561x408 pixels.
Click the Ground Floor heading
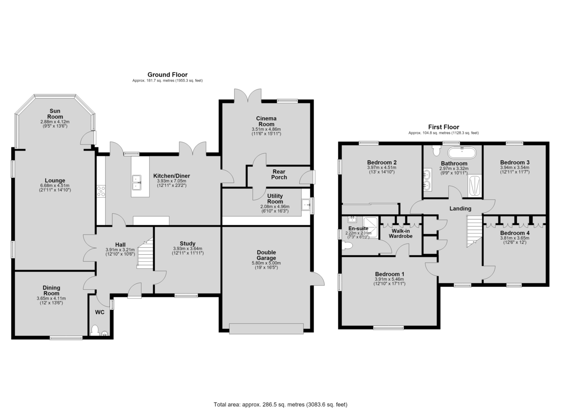pos(167,75)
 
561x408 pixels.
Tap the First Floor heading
pos(444,127)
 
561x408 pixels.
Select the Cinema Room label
pos(266,121)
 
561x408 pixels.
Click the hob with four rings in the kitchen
pos(101,191)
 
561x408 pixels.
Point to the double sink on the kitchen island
pos(137,182)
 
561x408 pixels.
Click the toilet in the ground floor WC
pos(94,330)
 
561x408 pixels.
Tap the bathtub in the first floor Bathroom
pos(462,153)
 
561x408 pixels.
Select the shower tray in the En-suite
pos(370,227)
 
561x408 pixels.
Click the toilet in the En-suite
pos(347,245)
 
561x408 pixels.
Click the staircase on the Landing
pos(475,231)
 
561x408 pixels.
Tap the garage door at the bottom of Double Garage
pos(266,329)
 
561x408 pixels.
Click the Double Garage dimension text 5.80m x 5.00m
pos(266,263)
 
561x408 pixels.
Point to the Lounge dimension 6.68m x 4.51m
pos(55,186)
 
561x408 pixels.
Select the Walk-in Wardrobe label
pos(401,233)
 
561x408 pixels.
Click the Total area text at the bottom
pos(280,397)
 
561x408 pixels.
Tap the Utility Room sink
pos(306,205)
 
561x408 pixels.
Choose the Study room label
pos(187,243)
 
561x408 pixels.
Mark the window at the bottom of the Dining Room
pos(66,338)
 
